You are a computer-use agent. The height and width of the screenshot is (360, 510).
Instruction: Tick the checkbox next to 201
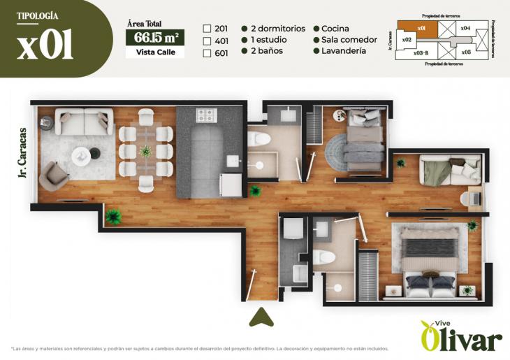[207, 29]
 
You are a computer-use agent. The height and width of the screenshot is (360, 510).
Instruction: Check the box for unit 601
[207, 52]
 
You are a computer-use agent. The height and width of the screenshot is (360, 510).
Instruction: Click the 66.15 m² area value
[154, 37]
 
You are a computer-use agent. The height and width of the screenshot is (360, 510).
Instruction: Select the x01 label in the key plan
[421, 28]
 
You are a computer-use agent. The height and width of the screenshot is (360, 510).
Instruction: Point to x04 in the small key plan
[465, 28]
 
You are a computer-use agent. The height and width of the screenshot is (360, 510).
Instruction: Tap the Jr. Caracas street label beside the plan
[23, 153]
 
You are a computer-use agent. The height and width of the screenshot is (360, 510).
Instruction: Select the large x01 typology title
[45, 45]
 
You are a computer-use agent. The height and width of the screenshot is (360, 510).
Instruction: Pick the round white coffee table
[80, 154]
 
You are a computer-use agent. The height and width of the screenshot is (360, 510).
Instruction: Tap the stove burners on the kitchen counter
[206, 115]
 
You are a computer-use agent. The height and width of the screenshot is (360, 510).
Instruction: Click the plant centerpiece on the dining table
[145, 150]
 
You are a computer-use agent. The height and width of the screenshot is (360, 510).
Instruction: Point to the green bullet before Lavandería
[316, 51]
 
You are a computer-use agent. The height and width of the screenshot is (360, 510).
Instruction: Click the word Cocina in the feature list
[336, 29]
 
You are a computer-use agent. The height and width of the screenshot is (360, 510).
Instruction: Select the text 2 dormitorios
[278, 29]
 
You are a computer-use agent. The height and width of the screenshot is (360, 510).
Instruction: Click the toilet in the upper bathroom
[259, 138]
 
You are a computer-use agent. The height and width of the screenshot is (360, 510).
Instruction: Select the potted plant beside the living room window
[113, 217]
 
